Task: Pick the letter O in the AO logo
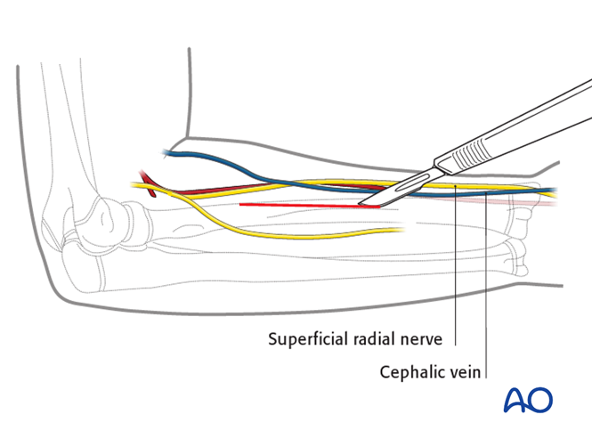(544, 400)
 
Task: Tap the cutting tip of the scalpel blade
(361, 205)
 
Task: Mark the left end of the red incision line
(240, 205)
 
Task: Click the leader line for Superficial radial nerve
(456, 267)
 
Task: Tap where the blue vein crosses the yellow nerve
(272, 183)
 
